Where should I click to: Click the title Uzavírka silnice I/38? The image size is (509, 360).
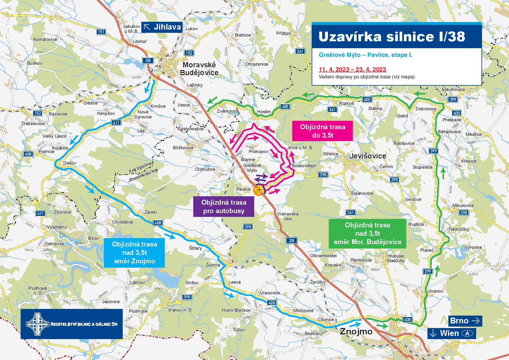[x=391, y=37]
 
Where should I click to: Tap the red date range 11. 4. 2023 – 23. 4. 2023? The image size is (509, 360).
[x=352, y=69]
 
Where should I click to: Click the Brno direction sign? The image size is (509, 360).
[x=465, y=321]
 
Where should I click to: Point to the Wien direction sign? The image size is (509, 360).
[x=452, y=333]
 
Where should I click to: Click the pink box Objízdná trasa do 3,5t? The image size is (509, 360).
[x=322, y=131]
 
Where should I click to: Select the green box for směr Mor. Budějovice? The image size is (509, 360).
[x=367, y=233]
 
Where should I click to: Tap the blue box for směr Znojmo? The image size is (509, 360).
[x=134, y=253]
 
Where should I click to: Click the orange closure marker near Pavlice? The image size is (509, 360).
[x=258, y=190]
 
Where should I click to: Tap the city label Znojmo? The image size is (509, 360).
[x=356, y=331]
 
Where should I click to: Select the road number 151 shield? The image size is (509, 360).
[x=101, y=32]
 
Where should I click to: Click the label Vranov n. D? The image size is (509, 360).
[x=180, y=310]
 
